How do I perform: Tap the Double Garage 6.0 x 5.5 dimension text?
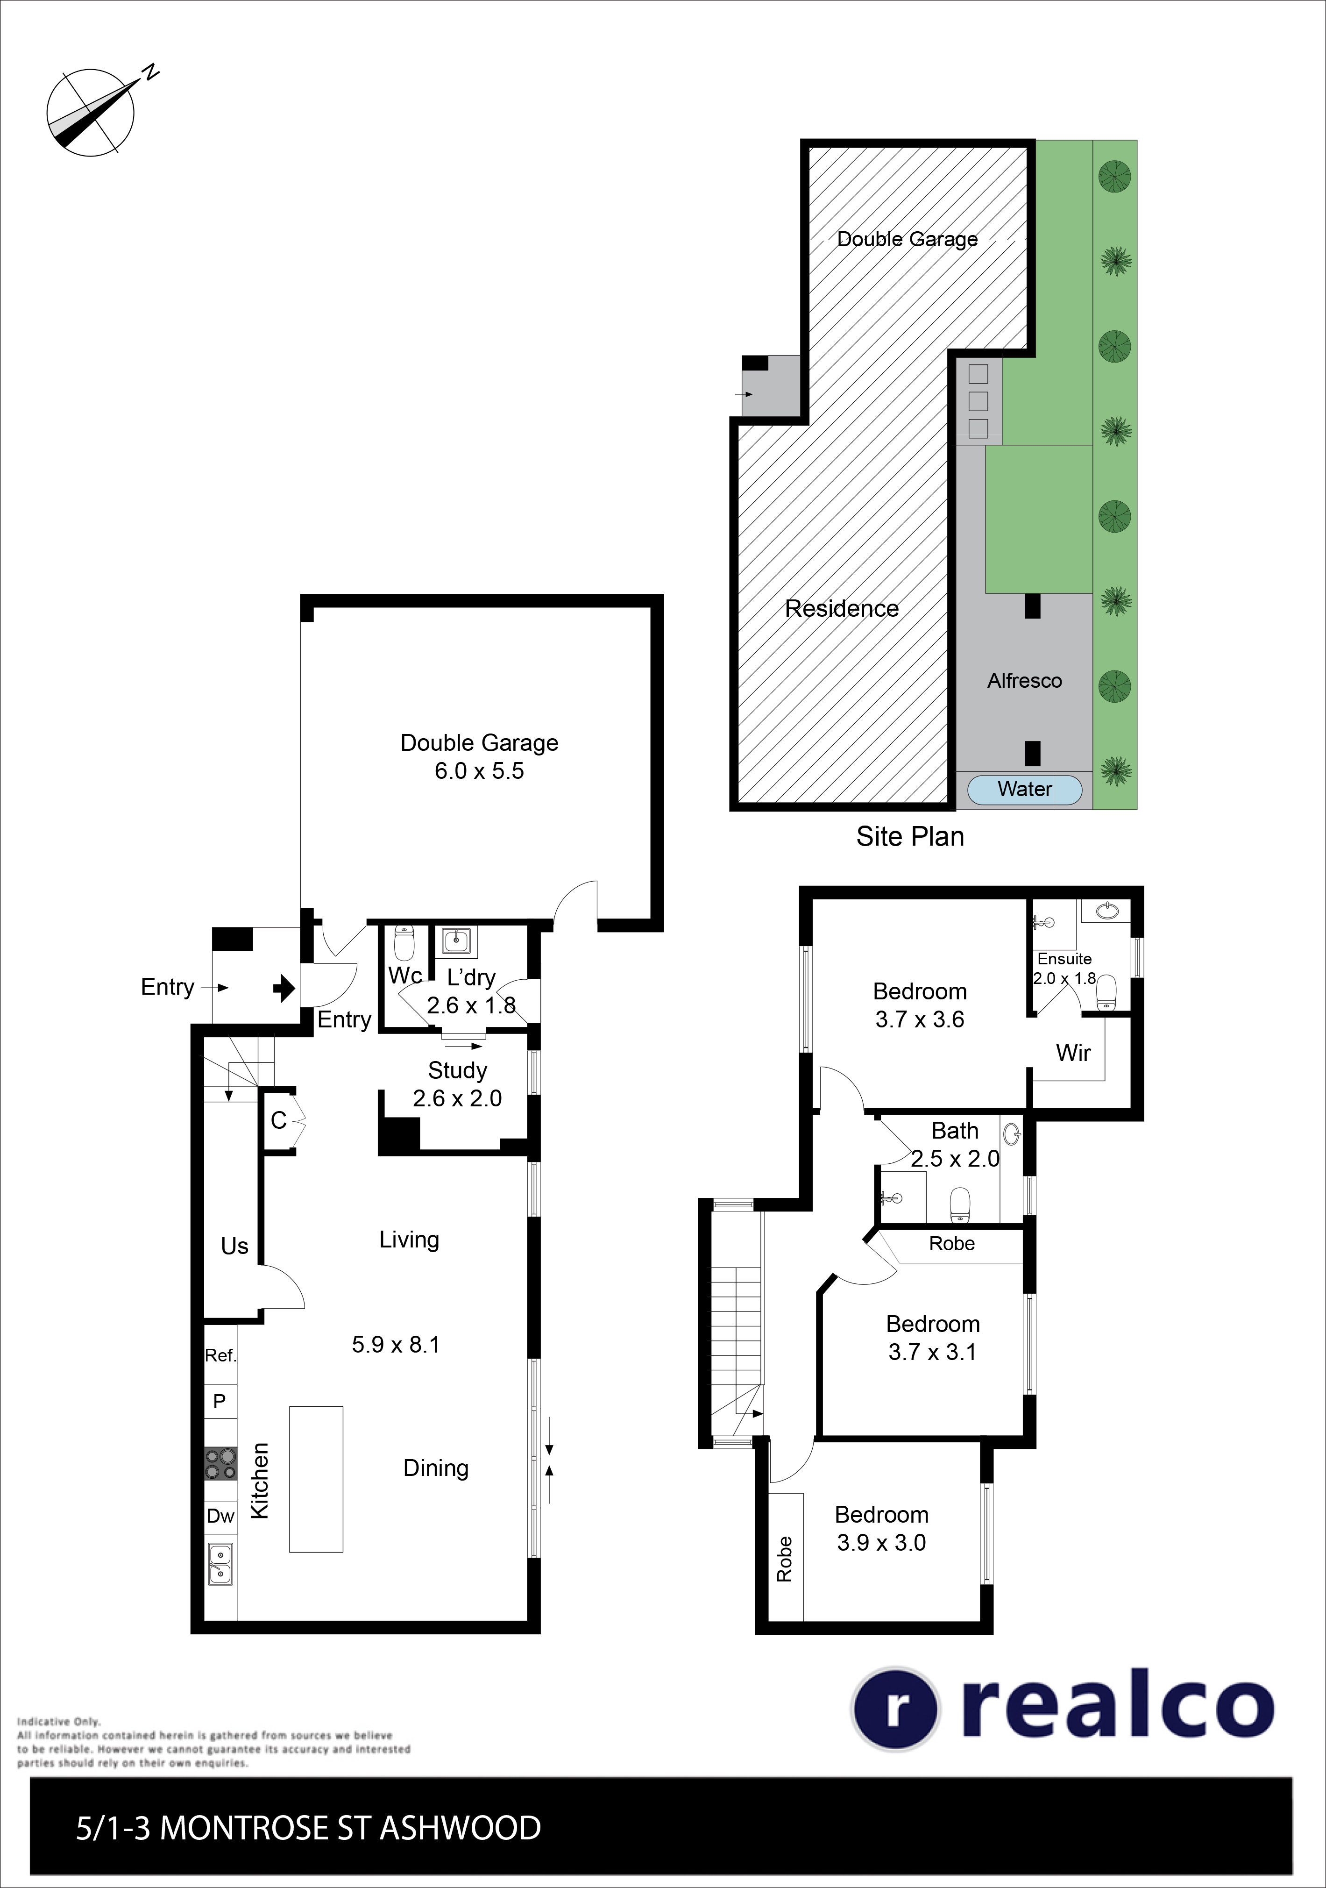click(x=479, y=770)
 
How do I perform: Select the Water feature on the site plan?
click(x=1024, y=790)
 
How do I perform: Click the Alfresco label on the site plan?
click(x=1024, y=681)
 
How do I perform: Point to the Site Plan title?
click(x=910, y=836)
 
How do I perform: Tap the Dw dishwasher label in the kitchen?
click(x=220, y=1516)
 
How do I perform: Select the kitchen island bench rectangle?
click(x=316, y=1479)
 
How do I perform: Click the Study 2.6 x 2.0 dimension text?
click(x=457, y=1098)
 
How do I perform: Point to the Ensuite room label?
click(x=1064, y=959)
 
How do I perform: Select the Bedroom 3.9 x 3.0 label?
click(x=881, y=1529)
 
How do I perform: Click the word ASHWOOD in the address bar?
click(x=461, y=1828)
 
